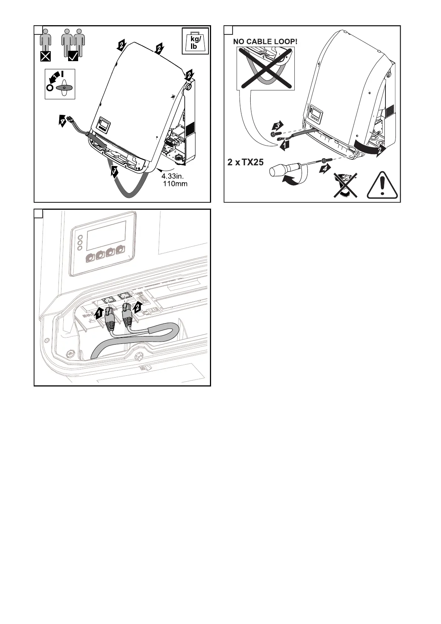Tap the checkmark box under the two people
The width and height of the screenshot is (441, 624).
pos(73,56)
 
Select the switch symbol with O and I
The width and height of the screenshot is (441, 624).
pos(60,84)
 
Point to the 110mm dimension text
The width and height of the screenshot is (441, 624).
pos(175,184)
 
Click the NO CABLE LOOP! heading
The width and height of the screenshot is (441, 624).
pos(265,41)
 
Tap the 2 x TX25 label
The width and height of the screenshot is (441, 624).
pos(246,162)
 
